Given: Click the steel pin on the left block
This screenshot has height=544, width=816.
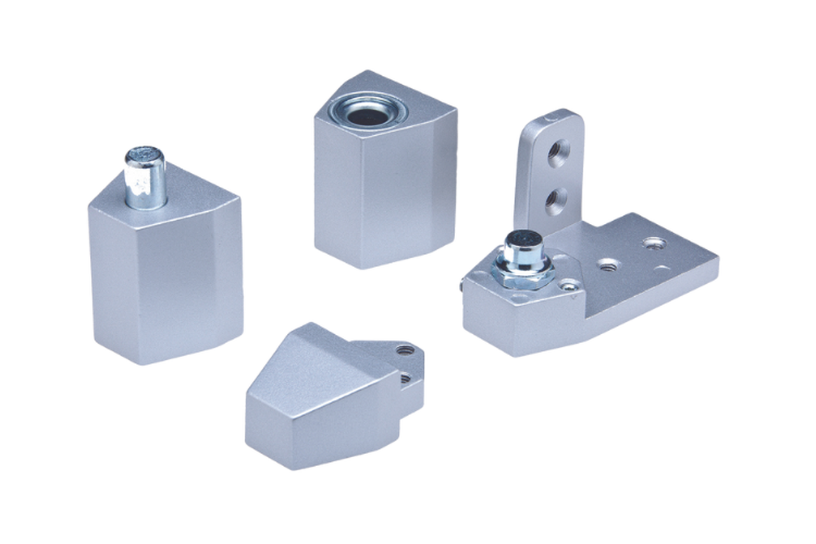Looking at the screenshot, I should pyautogui.click(x=145, y=182).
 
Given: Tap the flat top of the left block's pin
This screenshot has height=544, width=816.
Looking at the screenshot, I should pyautogui.click(x=145, y=154).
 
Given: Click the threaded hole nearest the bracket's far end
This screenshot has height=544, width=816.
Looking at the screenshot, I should pyautogui.click(x=653, y=243).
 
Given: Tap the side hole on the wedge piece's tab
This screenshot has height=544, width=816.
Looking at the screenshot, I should pyautogui.click(x=405, y=378).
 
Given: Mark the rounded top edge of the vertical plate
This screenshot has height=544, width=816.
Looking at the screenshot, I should pyautogui.click(x=552, y=117).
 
